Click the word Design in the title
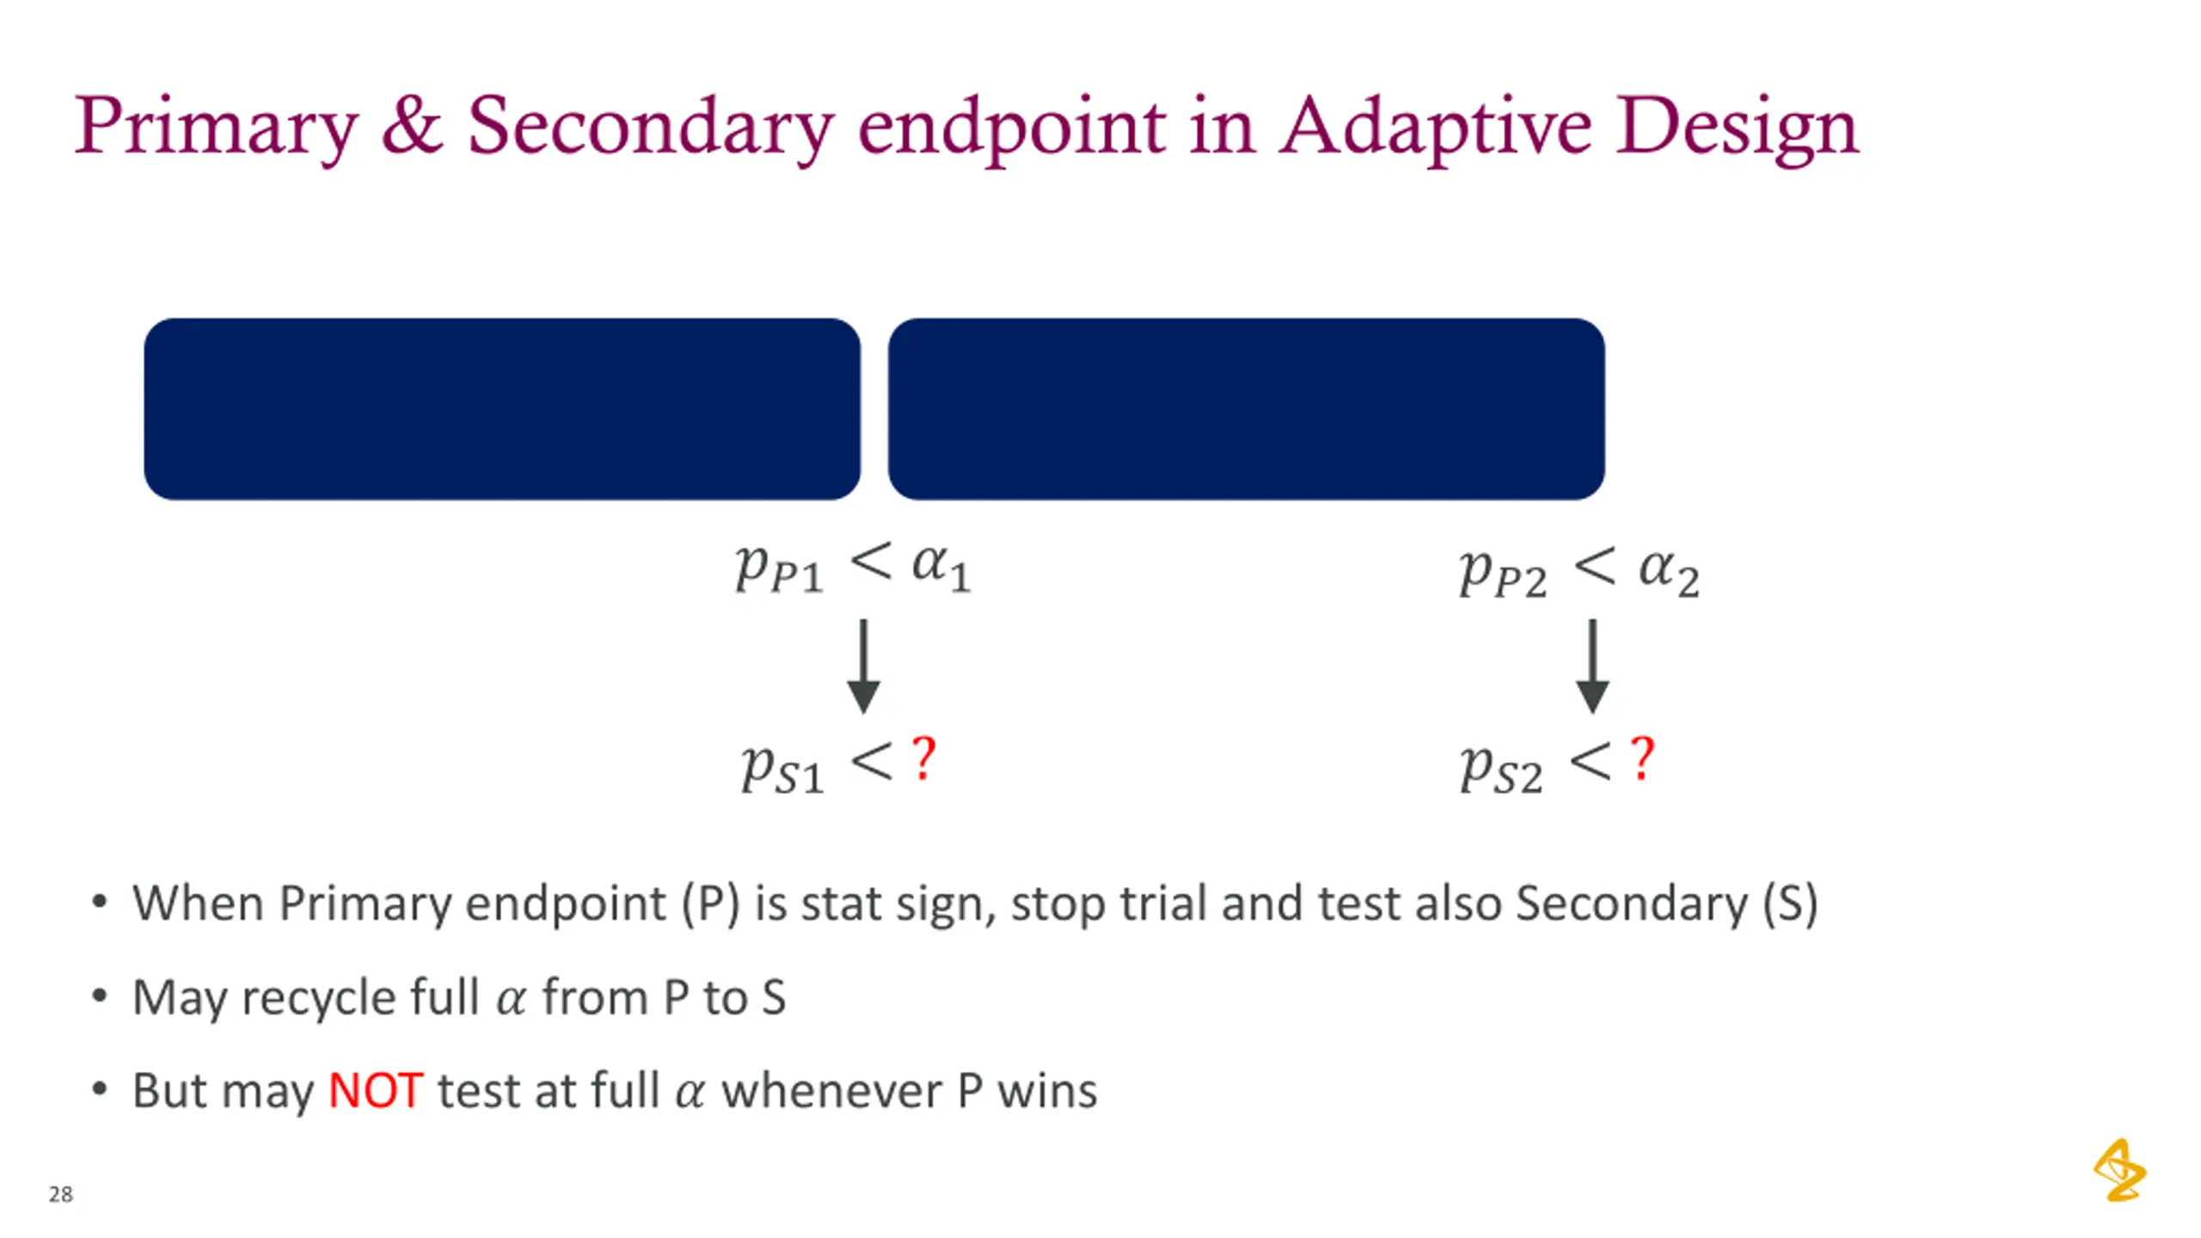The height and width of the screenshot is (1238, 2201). pos(1737,127)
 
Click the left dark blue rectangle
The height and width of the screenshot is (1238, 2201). pos(502,409)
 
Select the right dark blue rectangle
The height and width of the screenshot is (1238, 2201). pos(1246,409)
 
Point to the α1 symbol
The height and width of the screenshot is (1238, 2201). pos(941,568)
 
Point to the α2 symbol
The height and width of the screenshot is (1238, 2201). pos(1668,572)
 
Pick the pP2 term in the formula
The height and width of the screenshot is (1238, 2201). pos(1503,573)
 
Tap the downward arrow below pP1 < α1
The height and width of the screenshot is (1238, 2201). pos(863,666)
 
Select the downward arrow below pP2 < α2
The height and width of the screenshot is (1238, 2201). pos(1592,666)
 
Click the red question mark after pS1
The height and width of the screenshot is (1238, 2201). pos(923,758)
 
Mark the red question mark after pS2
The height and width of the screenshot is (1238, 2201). pos(1642,758)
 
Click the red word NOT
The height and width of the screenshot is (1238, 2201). pos(375,1091)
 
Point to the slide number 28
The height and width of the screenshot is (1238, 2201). pos(60,1194)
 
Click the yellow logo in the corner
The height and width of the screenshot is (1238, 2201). pos(2119,1170)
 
